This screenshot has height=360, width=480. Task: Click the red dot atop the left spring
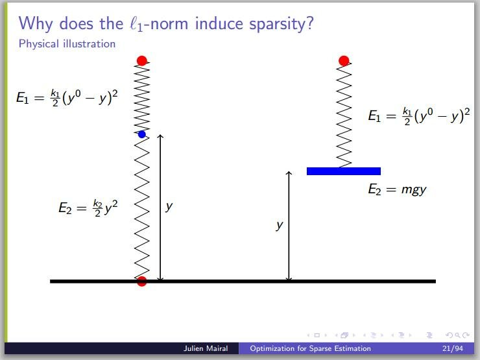[x=142, y=60]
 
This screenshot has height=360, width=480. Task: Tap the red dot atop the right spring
[x=344, y=60]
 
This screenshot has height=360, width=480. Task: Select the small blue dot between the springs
[x=142, y=134]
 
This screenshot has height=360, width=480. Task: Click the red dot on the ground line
[x=142, y=281]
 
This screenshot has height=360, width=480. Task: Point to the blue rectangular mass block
[x=344, y=171]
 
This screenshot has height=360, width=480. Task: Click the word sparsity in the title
[x=282, y=24]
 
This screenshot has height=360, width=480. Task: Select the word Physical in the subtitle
[x=38, y=43]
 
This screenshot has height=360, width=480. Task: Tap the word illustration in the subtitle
[x=89, y=43]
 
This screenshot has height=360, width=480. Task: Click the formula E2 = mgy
[x=397, y=189]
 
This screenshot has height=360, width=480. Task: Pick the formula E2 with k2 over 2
[x=88, y=208]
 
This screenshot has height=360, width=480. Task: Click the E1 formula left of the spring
[x=67, y=98]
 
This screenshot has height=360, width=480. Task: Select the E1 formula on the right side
[x=419, y=116]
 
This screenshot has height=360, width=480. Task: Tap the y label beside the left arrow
[x=169, y=207]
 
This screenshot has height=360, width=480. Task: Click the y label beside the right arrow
[x=279, y=226]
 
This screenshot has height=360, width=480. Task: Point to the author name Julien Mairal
[x=206, y=348]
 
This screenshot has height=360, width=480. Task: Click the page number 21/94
[x=453, y=348]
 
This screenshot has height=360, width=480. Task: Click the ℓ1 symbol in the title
[x=136, y=24]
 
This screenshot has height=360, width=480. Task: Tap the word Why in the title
[x=36, y=24]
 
